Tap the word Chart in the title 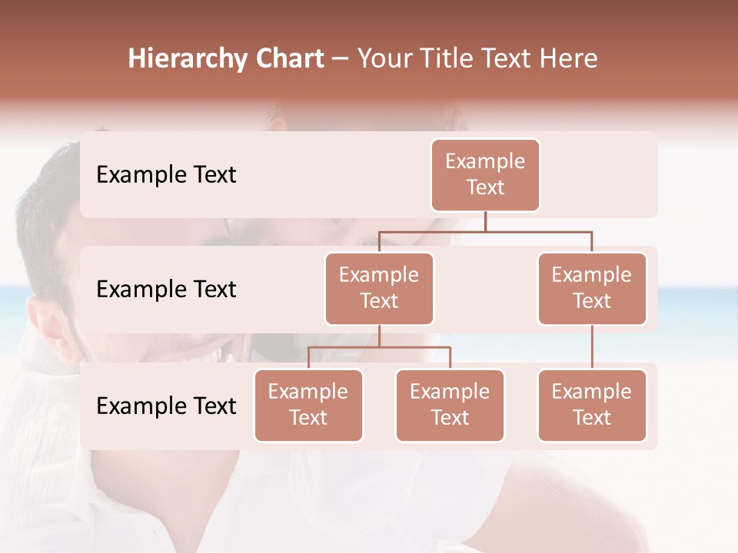(290, 59)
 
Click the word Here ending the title (569, 59)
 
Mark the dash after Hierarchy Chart (340, 60)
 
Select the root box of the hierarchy (485, 175)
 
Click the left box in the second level (379, 289)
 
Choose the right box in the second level (592, 289)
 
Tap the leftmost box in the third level (308, 406)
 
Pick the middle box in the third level (450, 406)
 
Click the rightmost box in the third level (592, 406)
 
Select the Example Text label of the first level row (166, 175)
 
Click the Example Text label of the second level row (166, 290)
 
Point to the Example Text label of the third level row (166, 406)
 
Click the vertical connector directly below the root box (485, 221)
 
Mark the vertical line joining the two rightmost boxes (592, 347)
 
